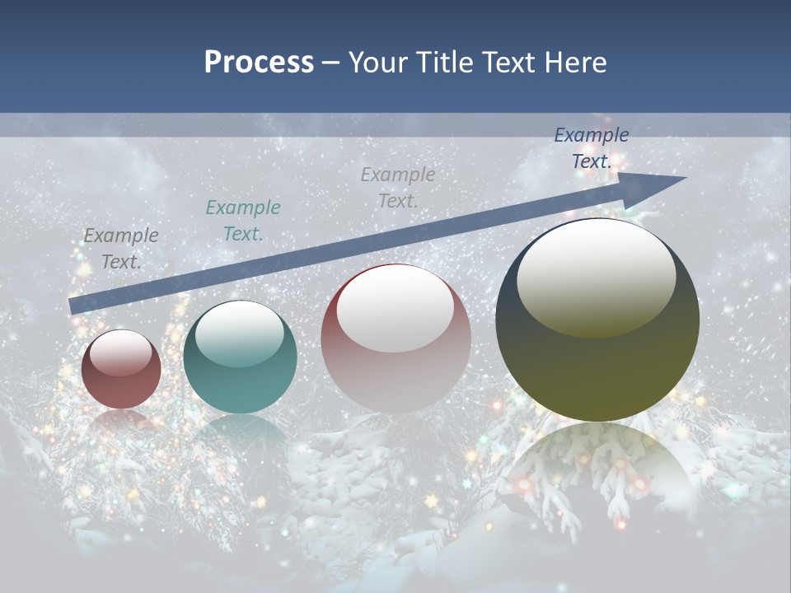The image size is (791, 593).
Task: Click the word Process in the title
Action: click(259, 63)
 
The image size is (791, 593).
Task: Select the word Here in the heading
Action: click(576, 63)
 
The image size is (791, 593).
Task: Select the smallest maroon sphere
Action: click(121, 370)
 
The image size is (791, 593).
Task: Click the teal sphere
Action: click(240, 357)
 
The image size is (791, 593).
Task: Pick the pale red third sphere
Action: click(395, 338)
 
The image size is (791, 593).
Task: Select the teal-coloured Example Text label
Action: click(243, 221)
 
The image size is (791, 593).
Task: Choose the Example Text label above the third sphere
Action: click(398, 187)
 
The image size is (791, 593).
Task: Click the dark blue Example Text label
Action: click(592, 148)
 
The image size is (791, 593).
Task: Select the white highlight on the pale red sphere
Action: click(395, 308)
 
